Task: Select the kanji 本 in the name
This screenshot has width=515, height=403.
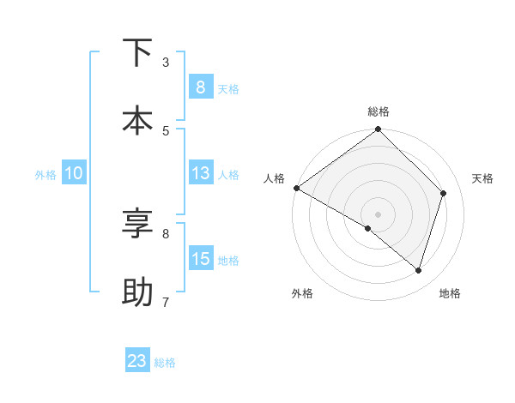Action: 137,120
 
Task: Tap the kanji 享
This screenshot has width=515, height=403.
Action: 137,223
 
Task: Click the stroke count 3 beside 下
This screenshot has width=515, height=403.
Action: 166,62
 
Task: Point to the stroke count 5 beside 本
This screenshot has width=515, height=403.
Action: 166,130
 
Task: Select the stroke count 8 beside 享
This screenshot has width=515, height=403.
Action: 166,232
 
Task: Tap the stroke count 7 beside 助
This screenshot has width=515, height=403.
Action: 166,302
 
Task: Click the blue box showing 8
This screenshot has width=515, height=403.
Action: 201,87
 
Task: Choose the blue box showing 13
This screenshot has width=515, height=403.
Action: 201,173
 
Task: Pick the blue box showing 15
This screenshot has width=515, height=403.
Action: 201,259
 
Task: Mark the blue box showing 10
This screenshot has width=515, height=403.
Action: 73,173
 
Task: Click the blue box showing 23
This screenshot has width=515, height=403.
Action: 137,361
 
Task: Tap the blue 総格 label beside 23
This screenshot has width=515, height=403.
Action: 165,363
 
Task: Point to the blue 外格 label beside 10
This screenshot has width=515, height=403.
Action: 45,175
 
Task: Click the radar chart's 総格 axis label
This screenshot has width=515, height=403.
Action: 379,111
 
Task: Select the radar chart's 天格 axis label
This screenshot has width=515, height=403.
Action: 483,178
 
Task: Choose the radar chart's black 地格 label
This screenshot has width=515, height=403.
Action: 450,294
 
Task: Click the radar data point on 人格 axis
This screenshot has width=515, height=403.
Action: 296,188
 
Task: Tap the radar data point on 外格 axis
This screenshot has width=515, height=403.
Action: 368,229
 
